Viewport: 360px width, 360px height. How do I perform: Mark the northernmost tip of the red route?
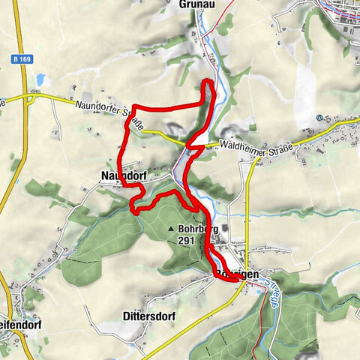[208, 80]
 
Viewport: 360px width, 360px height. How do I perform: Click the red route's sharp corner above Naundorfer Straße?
[133, 106]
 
